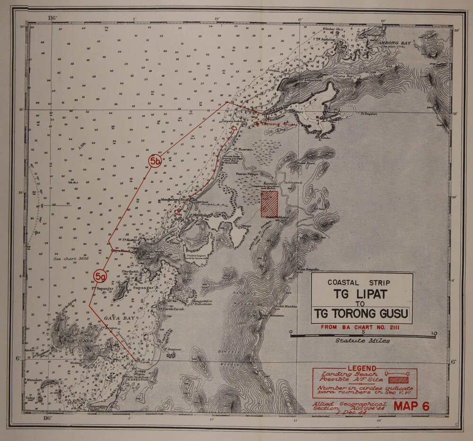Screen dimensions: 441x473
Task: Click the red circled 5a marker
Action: [100, 276]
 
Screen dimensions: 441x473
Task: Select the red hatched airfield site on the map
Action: [269, 204]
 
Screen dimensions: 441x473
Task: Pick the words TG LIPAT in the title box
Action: [361, 294]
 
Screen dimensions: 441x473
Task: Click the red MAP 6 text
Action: [412, 406]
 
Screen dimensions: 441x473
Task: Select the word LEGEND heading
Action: [362, 369]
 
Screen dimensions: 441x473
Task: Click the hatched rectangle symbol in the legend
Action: [398, 379]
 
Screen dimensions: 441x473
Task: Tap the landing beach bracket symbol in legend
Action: [397, 373]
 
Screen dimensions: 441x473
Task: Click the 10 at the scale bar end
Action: [434, 333]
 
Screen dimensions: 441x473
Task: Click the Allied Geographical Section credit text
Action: [349, 406]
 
